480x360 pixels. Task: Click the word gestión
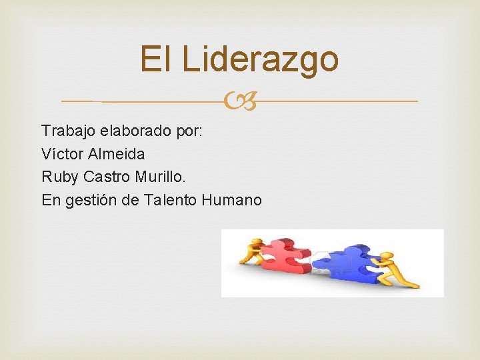click(91, 200)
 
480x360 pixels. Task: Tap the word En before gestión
click(50, 200)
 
